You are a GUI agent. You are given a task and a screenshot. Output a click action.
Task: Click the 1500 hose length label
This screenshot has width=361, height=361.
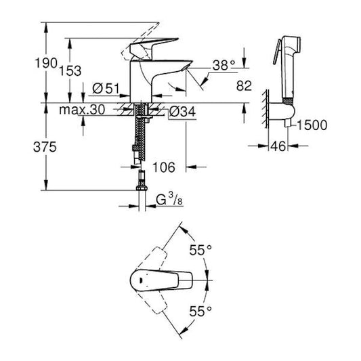tap(311, 125)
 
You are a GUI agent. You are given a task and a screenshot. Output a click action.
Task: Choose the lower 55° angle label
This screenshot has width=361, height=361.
tap(201, 311)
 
